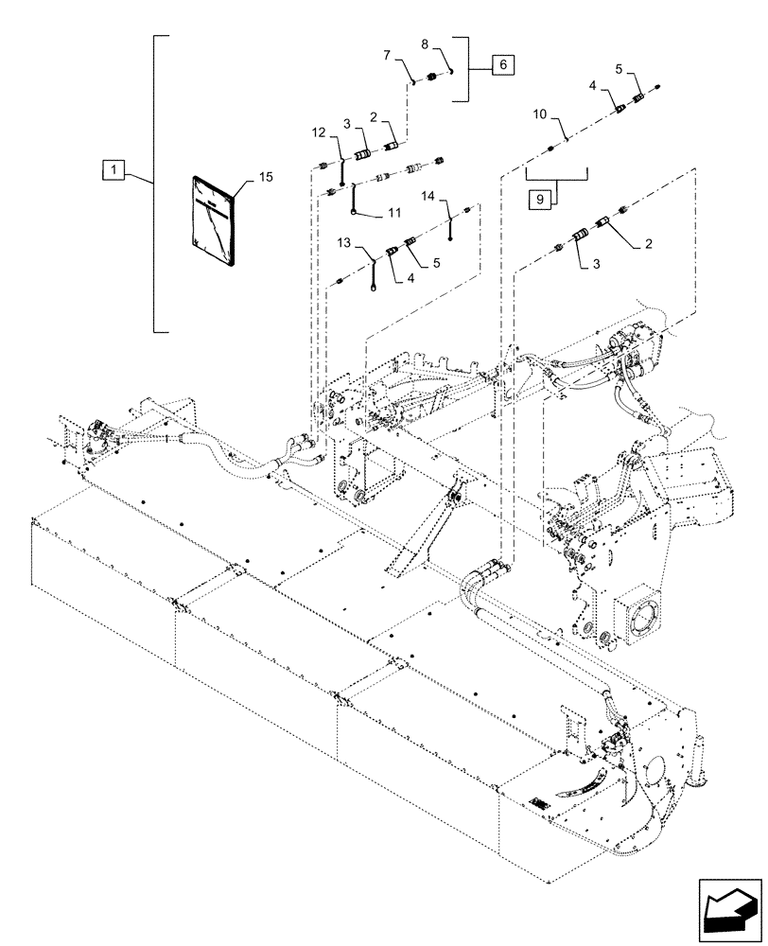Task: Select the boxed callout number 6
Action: (502, 64)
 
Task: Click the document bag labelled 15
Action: (215, 219)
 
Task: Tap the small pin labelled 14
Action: (453, 225)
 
